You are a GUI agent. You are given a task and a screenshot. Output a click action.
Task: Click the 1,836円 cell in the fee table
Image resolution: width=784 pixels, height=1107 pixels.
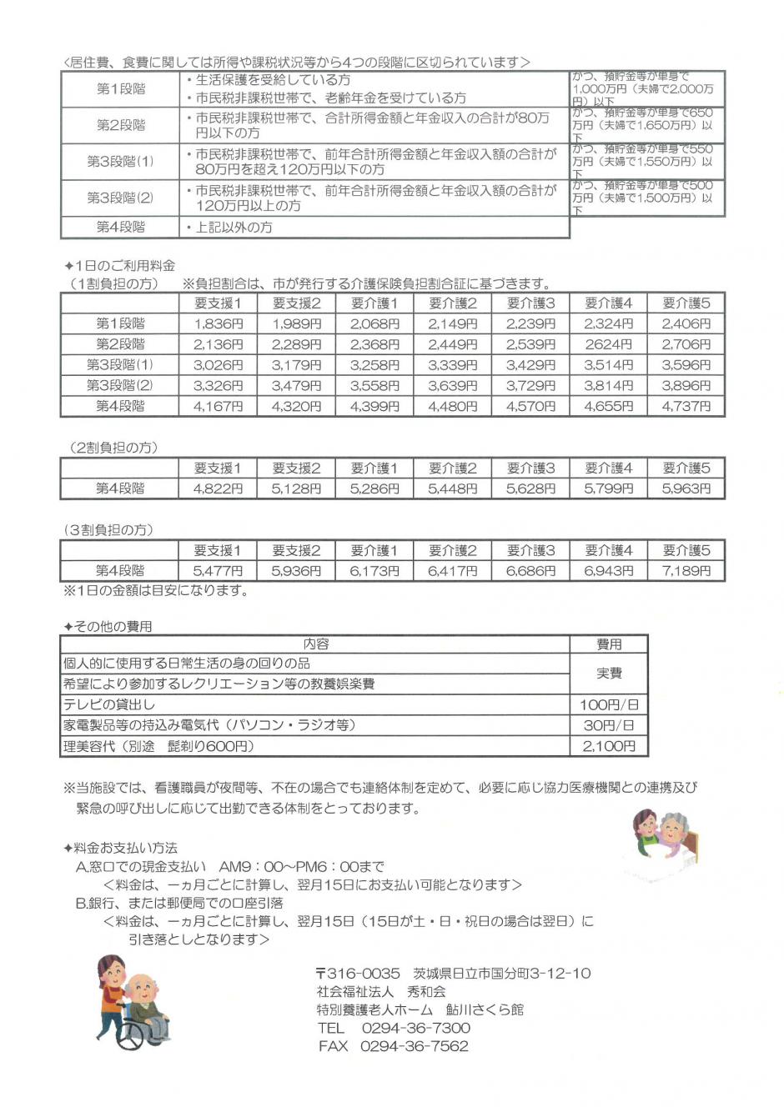[x=218, y=323]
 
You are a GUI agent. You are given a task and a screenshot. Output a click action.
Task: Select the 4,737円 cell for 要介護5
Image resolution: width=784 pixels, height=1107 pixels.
[x=686, y=406]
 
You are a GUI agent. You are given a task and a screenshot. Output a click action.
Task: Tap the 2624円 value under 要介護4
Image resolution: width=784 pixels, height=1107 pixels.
[x=608, y=344]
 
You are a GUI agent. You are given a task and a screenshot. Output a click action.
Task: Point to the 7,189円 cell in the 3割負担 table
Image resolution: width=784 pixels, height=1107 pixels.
[x=686, y=571]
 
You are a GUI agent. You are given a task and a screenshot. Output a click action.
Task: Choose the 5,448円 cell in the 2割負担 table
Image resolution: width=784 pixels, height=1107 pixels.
[x=452, y=488]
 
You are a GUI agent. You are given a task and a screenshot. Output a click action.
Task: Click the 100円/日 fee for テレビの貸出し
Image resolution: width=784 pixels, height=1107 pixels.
[x=608, y=705]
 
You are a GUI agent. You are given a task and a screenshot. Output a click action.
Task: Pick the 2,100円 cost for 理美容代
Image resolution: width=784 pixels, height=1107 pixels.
[x=608, y=746]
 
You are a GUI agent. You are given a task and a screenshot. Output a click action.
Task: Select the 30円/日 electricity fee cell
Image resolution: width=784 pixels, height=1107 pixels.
[x=608, y=725]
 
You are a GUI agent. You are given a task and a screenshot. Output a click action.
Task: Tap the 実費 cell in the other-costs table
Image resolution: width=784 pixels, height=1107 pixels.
[x=608, y=674]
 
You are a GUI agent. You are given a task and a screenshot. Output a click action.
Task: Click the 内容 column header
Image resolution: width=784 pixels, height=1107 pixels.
[x=315, y=644]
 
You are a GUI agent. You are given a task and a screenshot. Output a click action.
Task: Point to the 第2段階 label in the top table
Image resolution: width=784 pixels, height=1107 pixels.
[x=120, y=125]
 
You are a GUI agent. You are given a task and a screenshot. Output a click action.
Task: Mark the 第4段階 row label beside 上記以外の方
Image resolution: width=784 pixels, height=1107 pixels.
[x=120, y=227]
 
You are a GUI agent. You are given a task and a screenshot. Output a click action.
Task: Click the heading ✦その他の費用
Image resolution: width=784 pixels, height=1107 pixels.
[x=108, y=626]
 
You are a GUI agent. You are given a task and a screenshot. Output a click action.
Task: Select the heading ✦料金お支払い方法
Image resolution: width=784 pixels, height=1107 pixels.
[x=120, y=848]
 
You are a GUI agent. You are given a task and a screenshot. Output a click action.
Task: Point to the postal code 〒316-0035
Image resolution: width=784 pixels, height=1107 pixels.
[x=358, y=973]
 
